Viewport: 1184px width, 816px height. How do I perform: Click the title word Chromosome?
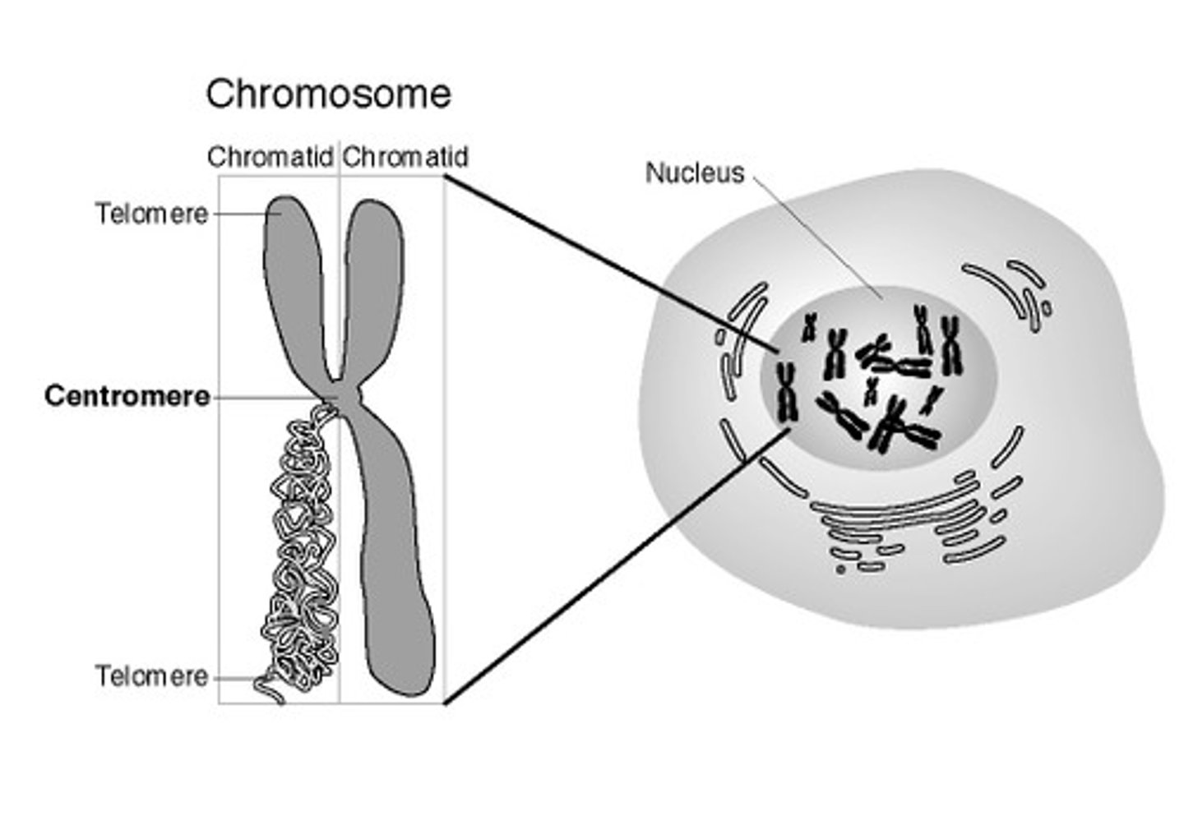point(328,94)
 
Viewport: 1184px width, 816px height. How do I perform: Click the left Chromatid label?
point(270,156)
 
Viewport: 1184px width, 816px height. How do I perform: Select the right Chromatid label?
point(405,156)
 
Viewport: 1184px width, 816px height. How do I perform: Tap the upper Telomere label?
point(152,214)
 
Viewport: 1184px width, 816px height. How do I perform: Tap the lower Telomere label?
point(152,676)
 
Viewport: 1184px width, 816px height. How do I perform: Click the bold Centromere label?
point(127,396)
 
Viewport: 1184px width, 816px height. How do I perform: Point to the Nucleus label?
point(694,173)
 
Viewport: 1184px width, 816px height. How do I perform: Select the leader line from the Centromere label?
point(267,399)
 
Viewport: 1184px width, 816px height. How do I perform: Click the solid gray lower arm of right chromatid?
point(395,559)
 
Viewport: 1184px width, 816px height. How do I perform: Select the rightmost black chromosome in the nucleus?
point(950,345)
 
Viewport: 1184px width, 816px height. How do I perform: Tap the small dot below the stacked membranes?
point(840,569)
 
